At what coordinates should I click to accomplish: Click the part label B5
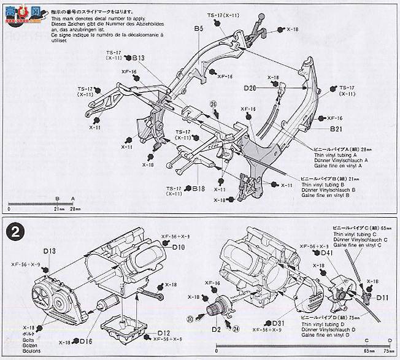click(198, 28)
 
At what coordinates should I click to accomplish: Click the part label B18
click(198, 189)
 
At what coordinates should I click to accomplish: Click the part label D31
click(279, 323)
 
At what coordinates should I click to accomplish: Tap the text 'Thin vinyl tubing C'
click(362, 234)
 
